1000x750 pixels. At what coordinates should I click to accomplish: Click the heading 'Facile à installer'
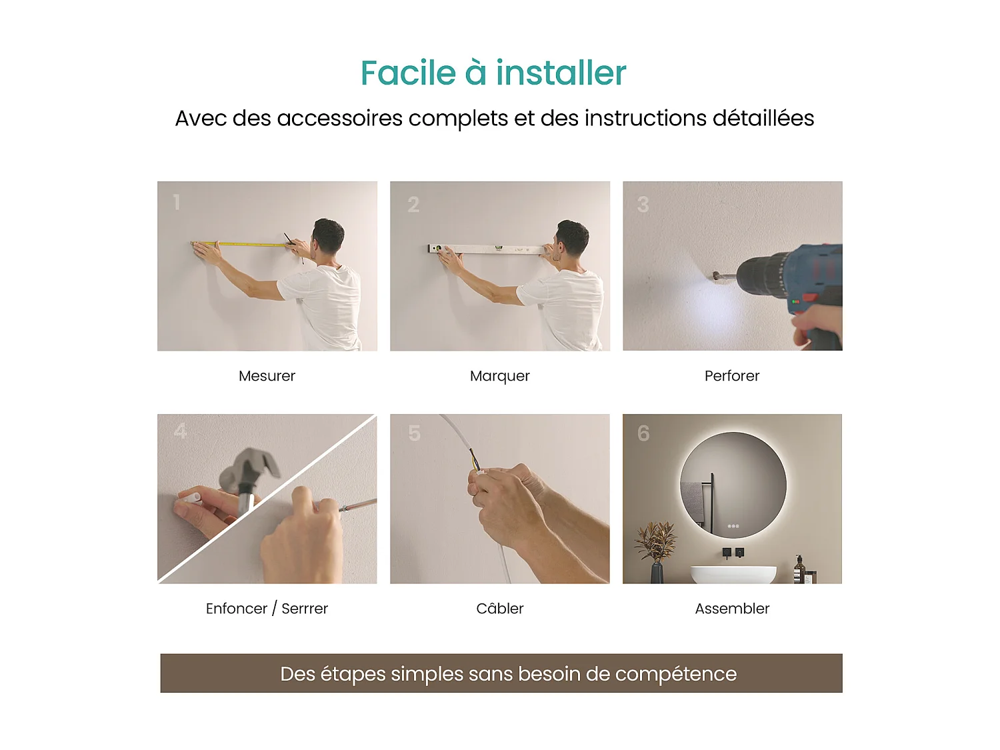(x=493, y=73)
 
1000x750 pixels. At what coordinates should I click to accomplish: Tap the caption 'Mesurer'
(x=267, y=376)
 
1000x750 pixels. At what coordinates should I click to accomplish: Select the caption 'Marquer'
(x=499, y=376)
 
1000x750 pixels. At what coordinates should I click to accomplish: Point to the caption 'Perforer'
(x=731, y=376)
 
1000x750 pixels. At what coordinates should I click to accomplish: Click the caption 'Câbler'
(x=499, y=609)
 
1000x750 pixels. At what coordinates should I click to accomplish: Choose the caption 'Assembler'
(x=731, y=609)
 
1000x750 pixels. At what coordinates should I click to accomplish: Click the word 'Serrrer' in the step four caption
(x=305, y=609)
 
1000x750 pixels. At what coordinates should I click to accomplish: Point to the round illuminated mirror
(x=733, y=485)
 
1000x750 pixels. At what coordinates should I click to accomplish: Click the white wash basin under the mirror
(x=733, y=574)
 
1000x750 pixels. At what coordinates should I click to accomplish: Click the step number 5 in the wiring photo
(x=415, y=434)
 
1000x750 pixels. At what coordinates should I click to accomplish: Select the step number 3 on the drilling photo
(x=643, y=205)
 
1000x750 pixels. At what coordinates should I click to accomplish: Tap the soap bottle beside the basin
(x=799, y=570)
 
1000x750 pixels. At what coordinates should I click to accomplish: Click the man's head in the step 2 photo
(x=573, y=239)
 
